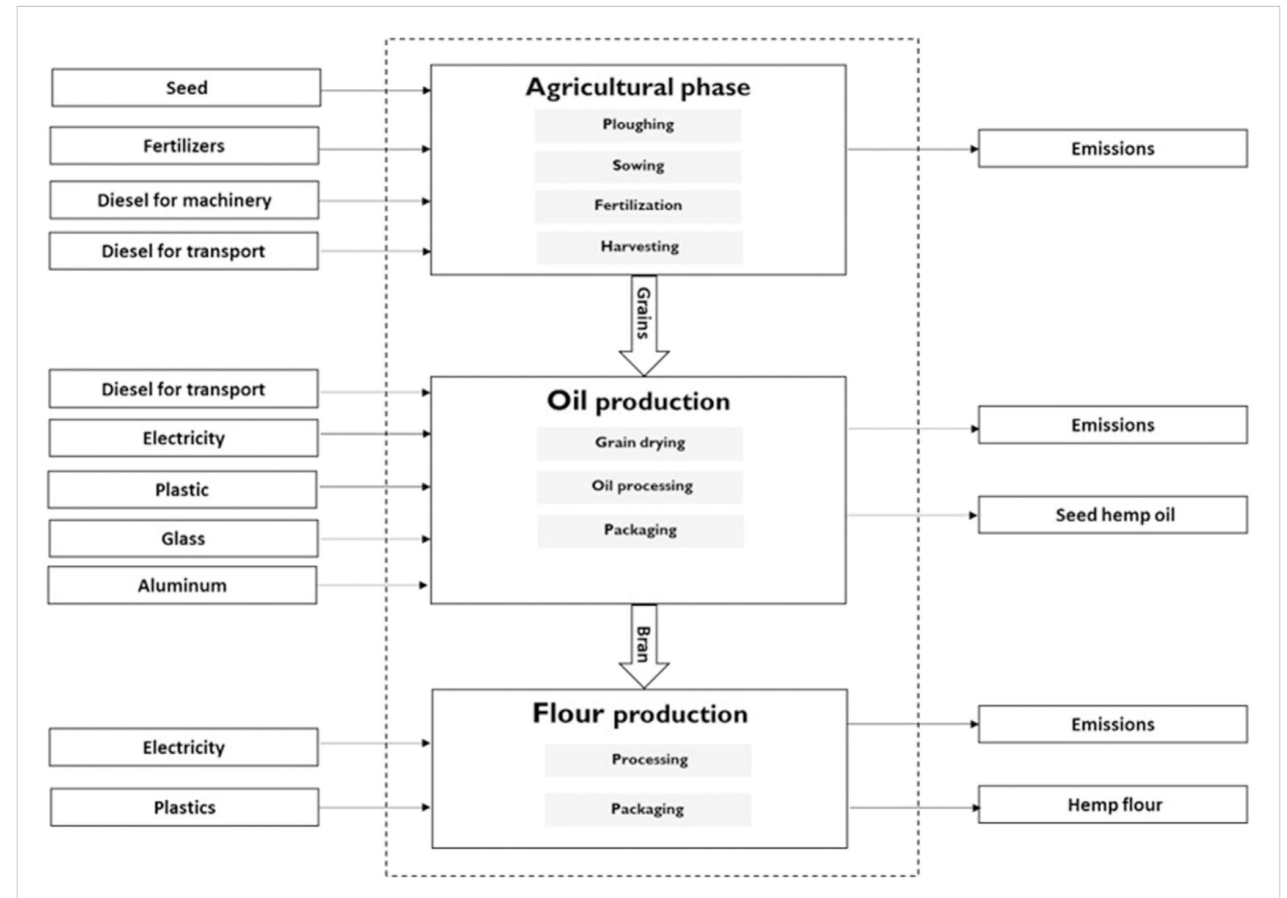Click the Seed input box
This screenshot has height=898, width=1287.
(186, 87)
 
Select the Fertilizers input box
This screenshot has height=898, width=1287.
(184, 145)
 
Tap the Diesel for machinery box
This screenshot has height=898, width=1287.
(184, 200)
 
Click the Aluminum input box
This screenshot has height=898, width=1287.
(182, 585)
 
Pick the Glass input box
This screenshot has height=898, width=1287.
(183, 539)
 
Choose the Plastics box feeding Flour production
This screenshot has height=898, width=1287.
(185, 808)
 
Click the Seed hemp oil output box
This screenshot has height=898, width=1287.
(1112, 515)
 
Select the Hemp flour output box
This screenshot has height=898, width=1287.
(1112, 804)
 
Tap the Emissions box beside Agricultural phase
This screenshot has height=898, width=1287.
(1112, 148)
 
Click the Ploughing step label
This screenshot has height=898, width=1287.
(638, 125)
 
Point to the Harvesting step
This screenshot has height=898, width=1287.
(639, 247)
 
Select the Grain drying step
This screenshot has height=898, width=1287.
(639, 443)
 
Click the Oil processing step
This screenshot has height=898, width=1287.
(640, 487)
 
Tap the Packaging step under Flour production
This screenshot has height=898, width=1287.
(647, 809)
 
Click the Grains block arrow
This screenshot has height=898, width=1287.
(643, 324)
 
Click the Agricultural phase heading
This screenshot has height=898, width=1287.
(638, 87)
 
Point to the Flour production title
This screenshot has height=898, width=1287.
(639, 713)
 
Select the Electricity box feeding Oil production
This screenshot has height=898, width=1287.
(183, 438)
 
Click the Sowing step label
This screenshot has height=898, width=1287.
(638, 166)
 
